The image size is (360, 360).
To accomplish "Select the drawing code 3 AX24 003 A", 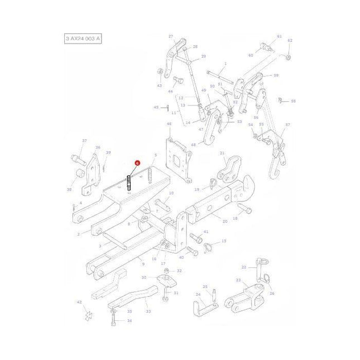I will click(x=83, y=39).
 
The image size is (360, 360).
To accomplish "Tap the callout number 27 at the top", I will click(x=171, y=36).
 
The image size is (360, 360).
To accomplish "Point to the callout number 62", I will click(x=290, y=41).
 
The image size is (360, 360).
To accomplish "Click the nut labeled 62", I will click(x=288, y=57).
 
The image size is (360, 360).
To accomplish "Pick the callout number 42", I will click(x=79, y=302).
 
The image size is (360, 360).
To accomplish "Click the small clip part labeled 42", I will click(x=87, y=315).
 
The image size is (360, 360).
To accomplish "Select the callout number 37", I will click(x=84, y=141).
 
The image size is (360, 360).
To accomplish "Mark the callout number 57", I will click(x=287, y=125).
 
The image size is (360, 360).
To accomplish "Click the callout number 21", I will click(x=222, y=153).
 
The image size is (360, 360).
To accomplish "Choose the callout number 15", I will click(x=224, y=241).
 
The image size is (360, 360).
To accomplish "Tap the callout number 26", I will click(x=272, y=292).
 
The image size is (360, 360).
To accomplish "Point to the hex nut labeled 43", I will click(x=161, y=72).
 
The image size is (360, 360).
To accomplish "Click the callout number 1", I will click(x=225, y=64).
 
